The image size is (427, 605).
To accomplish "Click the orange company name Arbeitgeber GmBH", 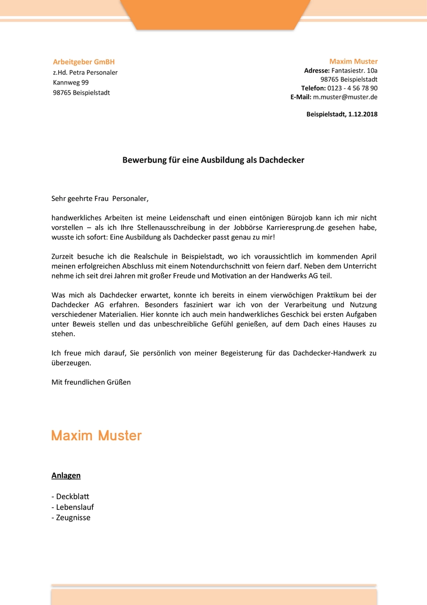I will click(84, 62).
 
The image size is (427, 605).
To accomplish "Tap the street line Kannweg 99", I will click(70, 82).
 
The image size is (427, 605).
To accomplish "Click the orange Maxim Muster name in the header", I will click(353, 61).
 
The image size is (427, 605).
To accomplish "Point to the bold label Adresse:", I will click(317, 71).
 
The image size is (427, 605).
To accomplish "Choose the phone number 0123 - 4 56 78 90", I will click(352, 88).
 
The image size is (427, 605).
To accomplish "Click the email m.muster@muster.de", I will click(345, 97).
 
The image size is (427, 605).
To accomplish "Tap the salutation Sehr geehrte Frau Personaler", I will click(99, 199).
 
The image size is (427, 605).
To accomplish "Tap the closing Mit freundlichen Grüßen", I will click(91, 382).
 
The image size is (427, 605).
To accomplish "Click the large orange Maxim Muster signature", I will click(97, 436).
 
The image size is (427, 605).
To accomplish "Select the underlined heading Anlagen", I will click(66, 475).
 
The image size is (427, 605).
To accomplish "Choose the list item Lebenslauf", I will click(75, 507).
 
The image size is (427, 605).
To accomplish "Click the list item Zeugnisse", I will click(73, 517).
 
